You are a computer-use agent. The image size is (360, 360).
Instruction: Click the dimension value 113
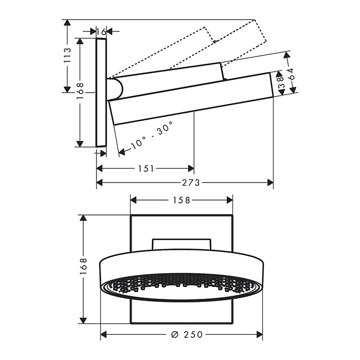[67, 56]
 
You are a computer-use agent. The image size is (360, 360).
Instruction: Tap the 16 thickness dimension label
[101, 31]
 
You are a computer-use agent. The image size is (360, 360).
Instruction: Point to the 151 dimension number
[146, 169]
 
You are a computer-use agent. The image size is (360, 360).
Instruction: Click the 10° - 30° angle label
[151, 135]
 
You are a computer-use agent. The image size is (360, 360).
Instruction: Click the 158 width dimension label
[181, 200]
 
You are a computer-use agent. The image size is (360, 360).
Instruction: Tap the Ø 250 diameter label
[187, 334]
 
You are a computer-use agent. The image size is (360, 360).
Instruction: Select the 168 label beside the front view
[83, 266]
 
